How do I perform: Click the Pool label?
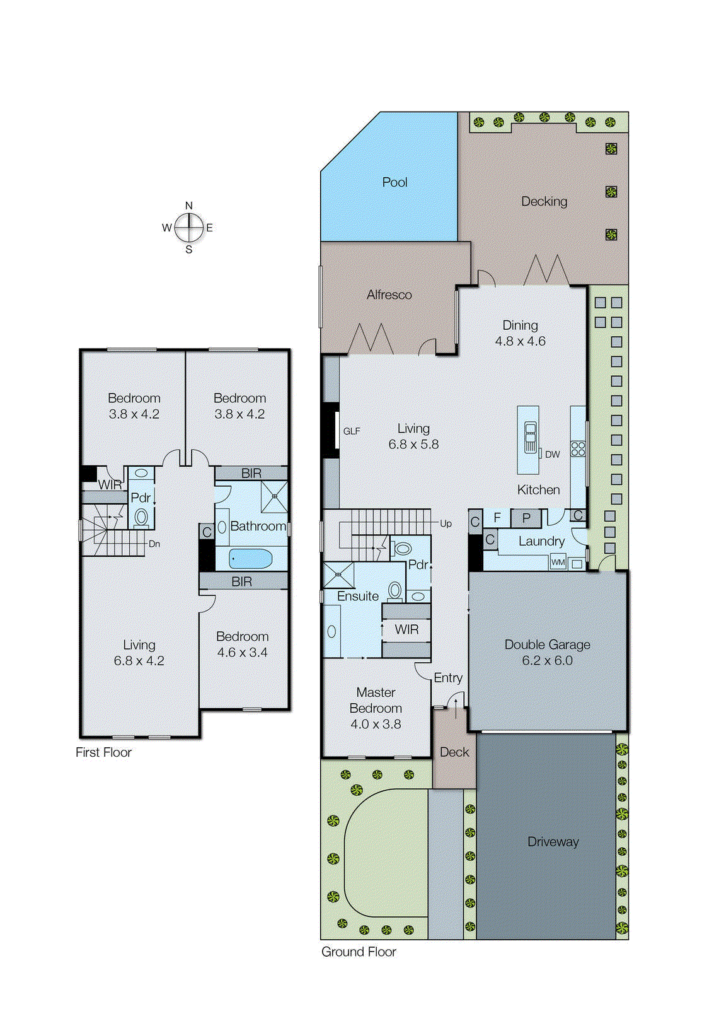394,182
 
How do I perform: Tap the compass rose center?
188,228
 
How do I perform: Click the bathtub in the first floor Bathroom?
250,558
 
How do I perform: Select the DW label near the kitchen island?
552,454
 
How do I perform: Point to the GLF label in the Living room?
352,431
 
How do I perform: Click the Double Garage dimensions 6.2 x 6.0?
547,660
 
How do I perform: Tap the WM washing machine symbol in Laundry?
558,562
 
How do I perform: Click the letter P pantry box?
526,518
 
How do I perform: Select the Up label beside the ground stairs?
446,523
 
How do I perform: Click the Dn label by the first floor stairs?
154,544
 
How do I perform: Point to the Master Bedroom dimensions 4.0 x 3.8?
376,724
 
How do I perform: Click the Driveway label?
553,842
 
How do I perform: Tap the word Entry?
448,678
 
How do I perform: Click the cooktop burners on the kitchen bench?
578,449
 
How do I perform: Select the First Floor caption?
103,752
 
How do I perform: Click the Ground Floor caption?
359,952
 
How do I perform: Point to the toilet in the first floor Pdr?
141,518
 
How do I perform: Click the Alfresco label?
389,295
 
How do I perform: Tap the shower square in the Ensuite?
338,574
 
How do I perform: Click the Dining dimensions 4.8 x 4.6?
520,341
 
